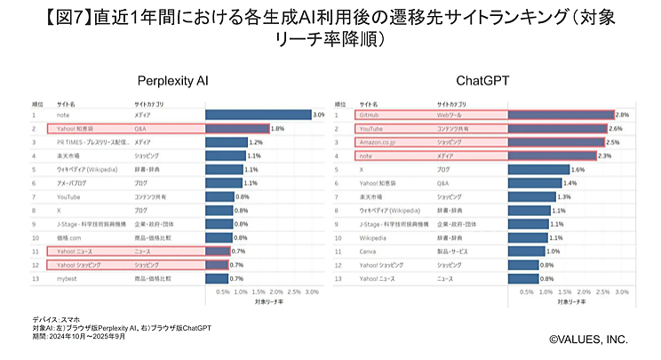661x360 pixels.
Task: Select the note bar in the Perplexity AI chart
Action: tap(258, 115)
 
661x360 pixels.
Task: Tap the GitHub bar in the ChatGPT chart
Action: tap(560, 115)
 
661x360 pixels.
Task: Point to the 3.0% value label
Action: tap(319, 115)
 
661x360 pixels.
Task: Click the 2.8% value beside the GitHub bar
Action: tap(622, 115)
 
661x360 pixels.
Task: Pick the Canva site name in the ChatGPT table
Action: tap(366, 252)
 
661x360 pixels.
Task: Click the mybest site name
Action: tap(68, 279)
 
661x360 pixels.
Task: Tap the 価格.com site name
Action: tap(71, 238)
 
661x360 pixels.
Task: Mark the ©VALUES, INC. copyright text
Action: tap(587, 340)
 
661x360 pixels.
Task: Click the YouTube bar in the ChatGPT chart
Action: tap(557, 128)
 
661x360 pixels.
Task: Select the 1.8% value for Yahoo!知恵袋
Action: tap(277, 129)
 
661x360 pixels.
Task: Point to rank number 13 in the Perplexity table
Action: tap(34, 279)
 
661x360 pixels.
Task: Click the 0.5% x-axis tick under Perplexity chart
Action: tap(223, 292)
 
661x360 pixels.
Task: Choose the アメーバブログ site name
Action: tap(74, 183)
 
